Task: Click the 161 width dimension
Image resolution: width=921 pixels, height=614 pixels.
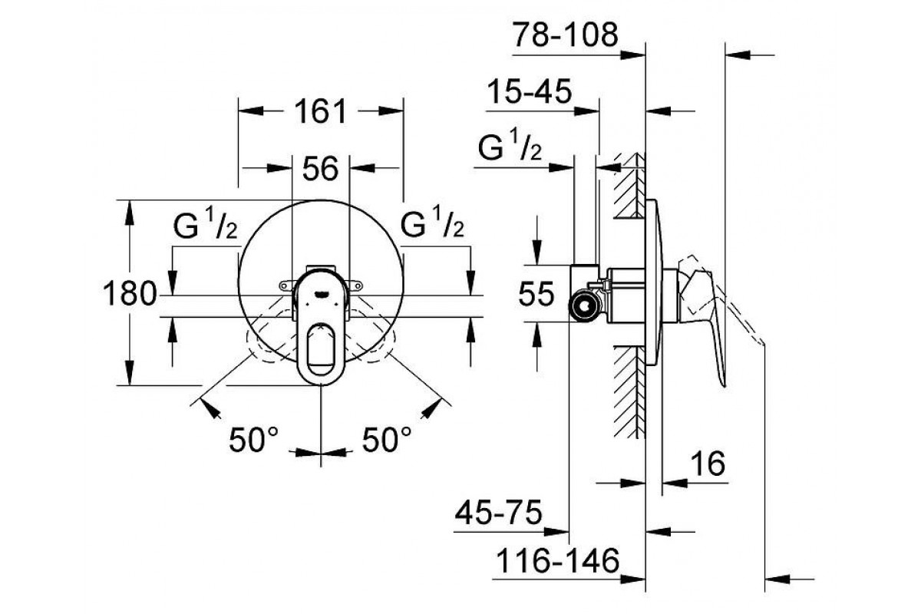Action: point(321,111)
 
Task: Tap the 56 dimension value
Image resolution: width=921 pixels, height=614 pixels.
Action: point(320,169)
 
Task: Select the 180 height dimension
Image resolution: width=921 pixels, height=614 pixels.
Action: point(130,294)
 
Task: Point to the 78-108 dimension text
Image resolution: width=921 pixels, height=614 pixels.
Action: point(566,35)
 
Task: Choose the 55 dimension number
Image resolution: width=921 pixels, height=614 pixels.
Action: point(536,294)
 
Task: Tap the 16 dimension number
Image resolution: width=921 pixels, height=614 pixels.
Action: point(708,463)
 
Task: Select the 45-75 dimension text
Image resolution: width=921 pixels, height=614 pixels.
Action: point(498,513)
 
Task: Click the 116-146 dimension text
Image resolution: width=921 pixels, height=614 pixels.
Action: point(558,560)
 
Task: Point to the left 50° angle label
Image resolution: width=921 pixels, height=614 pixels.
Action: point(254,440)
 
